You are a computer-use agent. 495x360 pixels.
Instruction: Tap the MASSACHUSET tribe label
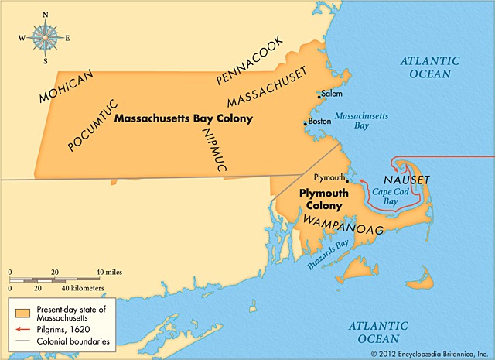tap(267, 87)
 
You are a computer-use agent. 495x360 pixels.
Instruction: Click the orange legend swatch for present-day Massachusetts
tap(24, 314)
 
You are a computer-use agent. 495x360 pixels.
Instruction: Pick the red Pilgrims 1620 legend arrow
tap(24, 327)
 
